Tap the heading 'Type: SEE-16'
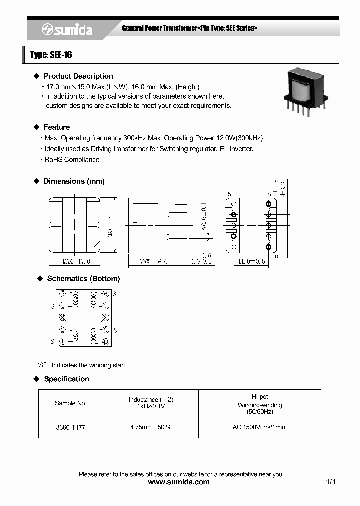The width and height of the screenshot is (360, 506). [x=51, y=55]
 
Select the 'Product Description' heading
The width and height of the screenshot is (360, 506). [x=78, y=76]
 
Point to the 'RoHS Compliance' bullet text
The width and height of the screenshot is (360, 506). [x=72, y=160]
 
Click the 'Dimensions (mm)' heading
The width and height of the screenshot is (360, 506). [x=74, y=181]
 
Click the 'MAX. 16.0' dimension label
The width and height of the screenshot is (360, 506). [x=153, y=262]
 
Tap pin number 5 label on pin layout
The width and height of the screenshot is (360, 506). [x=229, y=194]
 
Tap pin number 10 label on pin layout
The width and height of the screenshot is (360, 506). [x=274, y=256]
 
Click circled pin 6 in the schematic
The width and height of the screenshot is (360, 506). [x=105, y=295]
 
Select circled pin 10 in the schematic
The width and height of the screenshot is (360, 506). [x=105, y=342]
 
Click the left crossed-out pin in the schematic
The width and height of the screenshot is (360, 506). [x=63, y=318]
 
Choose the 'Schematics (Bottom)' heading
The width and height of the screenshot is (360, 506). [x=83, y=279]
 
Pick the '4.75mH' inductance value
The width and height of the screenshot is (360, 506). [x=140, y=428]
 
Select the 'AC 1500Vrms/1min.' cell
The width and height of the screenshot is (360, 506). [x=259, y=428]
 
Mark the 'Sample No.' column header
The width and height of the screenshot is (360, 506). [x=70, y=403]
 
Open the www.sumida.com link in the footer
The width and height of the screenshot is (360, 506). [x=179, y=482]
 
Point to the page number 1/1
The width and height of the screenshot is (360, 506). [x=330, y=482]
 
